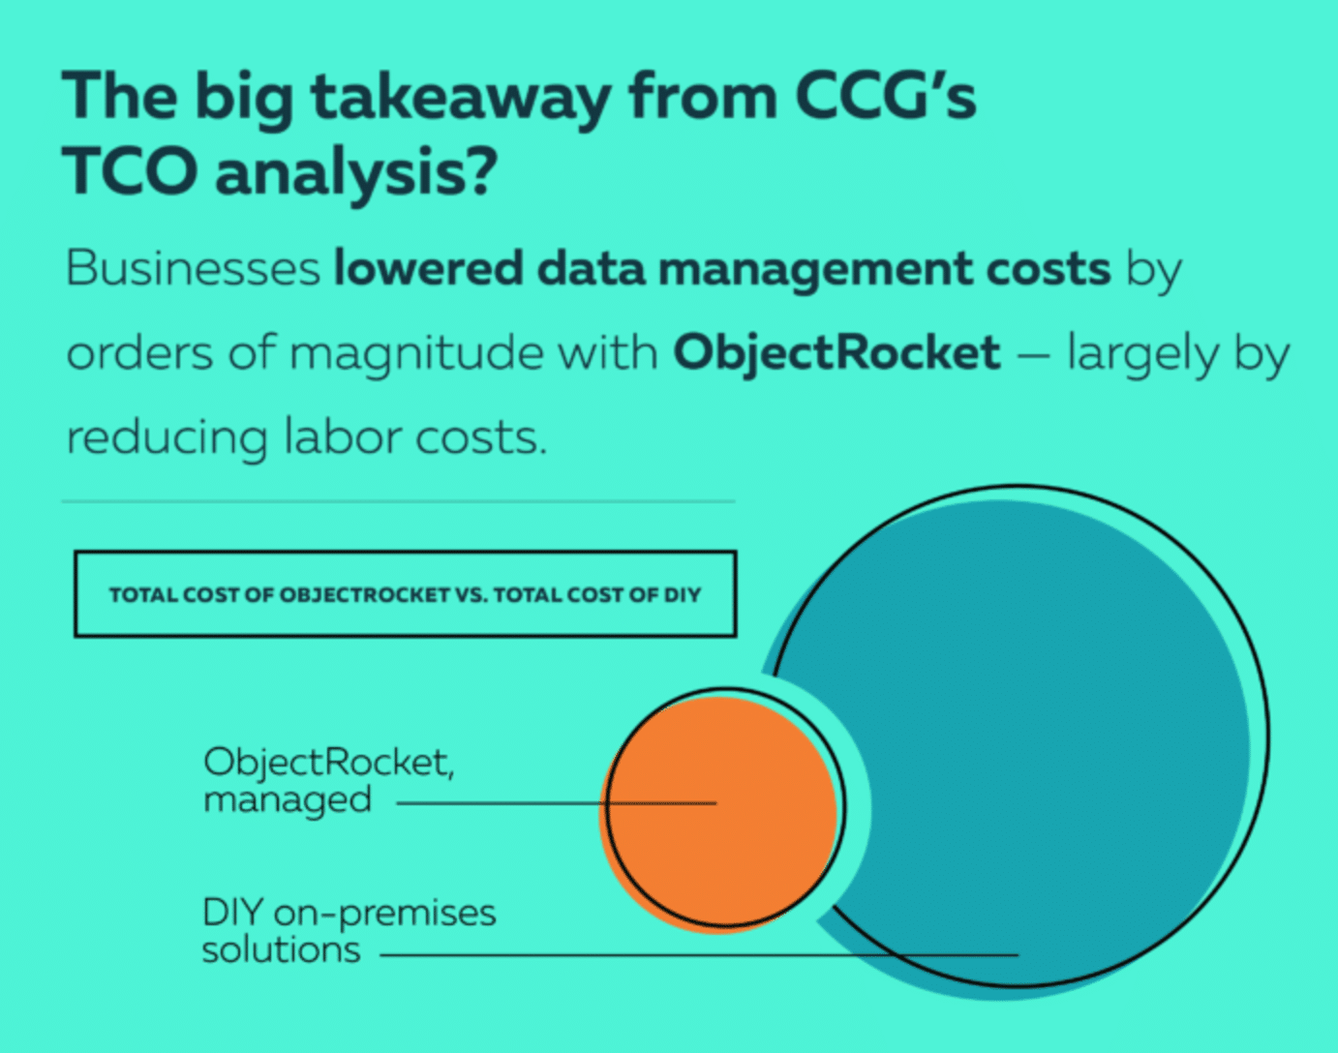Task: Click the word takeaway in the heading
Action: pyautogui.click(x=461, y=100)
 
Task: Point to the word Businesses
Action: pyautogui.click(x=193, y=268)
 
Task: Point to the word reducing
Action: pyautogui.click(x=167, y=438)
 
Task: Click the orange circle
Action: pyautogui.click(x=718, y=814)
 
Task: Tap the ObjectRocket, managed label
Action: pyautogui.click(x=329, y=779)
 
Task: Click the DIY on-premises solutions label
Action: pyautogui.click(x=349, y=930)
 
